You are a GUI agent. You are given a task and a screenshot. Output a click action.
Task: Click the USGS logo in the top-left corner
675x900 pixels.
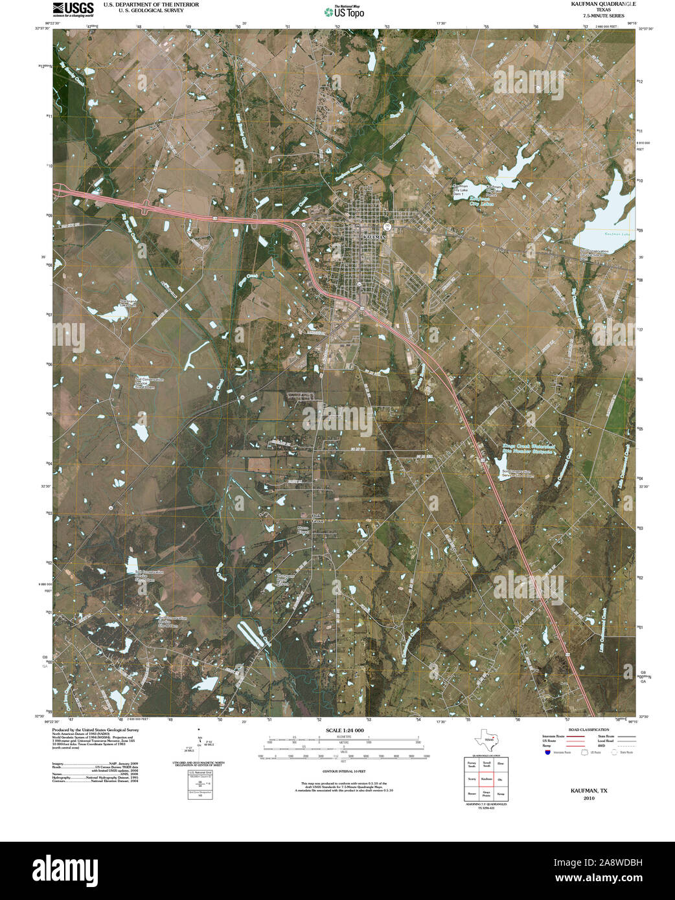[74, 8]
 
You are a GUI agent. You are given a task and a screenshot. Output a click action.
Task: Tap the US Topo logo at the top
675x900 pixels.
[344, 10]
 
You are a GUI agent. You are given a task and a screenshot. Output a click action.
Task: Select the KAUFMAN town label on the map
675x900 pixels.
[375, 238]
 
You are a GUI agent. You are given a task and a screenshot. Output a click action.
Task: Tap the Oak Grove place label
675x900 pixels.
[317, 518]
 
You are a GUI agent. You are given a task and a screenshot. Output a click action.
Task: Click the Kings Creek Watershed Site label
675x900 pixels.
[529, 449]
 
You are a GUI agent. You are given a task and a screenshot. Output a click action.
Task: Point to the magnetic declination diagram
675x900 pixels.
[200, 745]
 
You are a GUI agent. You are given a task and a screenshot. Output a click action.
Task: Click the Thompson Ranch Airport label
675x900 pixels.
[286, 579]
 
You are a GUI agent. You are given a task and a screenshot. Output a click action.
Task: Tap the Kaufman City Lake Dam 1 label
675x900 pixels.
[459, 190]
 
